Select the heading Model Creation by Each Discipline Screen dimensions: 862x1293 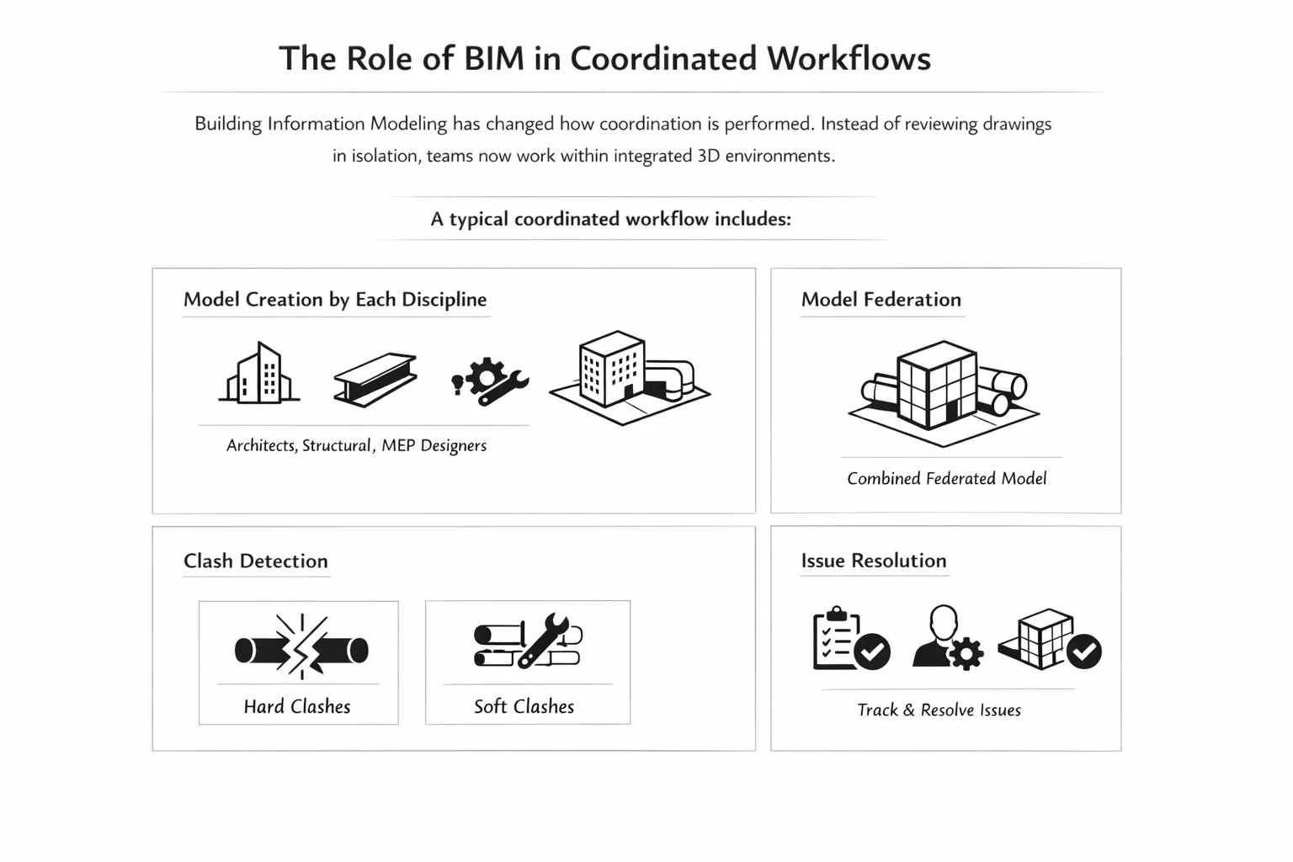(335, 300)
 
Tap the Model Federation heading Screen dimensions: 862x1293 (881, 300)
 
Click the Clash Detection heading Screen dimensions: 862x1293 (256, 561)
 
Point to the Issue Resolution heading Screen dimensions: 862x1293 (873, 561)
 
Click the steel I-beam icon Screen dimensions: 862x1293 (375, 379)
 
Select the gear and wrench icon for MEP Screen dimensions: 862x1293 (491, 381)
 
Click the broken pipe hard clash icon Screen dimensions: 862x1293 (301, 648)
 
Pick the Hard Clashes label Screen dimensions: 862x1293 (297, 707)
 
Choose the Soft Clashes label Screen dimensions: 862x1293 (524, 707)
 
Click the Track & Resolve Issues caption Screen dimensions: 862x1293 (939, 710)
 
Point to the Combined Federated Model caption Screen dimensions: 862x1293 (946, 479)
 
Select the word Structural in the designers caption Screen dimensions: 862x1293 (337, 446)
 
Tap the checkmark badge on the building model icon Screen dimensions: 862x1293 (1084, 651)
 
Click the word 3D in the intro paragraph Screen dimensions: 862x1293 (708, 156)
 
